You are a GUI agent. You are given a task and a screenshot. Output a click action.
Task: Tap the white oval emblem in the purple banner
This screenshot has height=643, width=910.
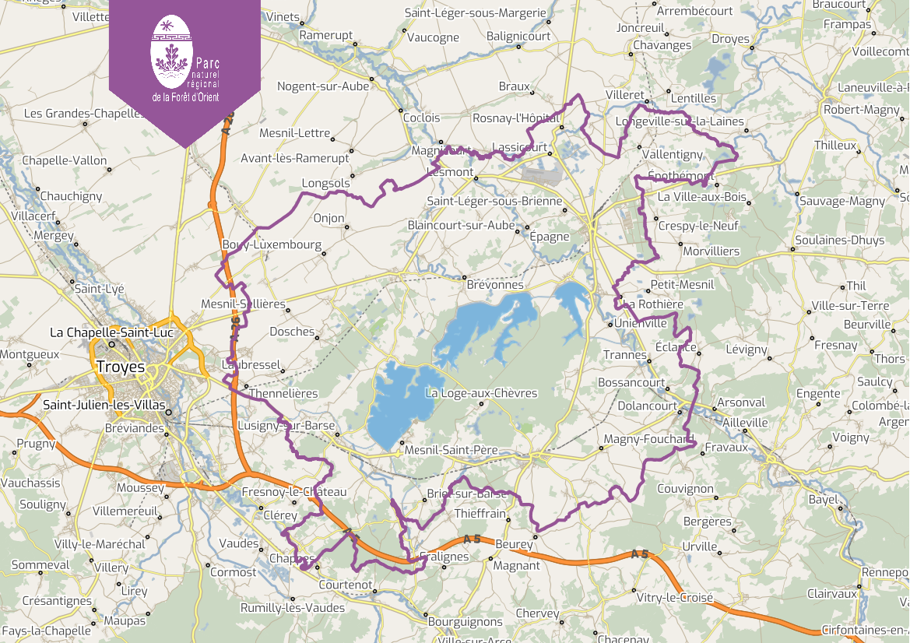coord(170,51)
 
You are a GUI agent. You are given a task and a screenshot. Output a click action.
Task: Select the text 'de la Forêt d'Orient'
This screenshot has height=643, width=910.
coord(185,97)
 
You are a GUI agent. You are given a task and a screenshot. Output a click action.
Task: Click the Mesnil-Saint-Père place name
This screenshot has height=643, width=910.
coord(451,450)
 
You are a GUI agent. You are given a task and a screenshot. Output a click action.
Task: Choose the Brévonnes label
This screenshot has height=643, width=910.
coord(495,285)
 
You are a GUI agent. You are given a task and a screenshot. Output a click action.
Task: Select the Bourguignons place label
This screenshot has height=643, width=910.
coord(466,621)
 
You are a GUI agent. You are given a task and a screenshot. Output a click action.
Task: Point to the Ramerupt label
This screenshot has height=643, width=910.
coord(326,36)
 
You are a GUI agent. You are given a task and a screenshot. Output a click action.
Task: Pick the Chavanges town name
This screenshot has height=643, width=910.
coord(662,45)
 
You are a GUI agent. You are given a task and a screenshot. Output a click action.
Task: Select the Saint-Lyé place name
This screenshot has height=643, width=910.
coord(99,288)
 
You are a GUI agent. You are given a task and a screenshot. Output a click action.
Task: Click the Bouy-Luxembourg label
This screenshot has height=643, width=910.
coord(272,244)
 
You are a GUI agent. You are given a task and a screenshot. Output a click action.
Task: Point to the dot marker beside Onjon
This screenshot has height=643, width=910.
coord(346,227)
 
